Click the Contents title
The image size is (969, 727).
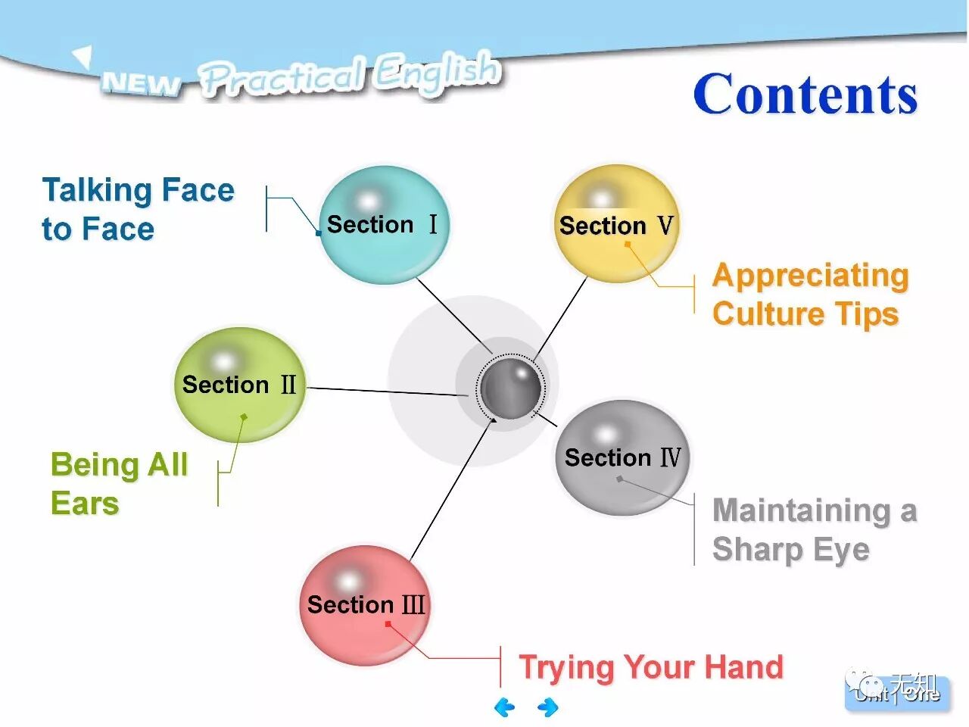coord(805,95)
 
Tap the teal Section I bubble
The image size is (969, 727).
coord(384,225)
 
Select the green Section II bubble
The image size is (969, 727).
coord(239,385)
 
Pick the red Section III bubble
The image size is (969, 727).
coord(365,605)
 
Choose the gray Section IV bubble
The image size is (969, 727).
coord(622,457)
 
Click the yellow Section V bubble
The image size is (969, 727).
coord(616,225)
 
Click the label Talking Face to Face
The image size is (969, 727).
coord(137,209)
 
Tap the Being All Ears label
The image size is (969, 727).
coord(119,483)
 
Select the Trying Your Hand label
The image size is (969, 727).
coord(650,667)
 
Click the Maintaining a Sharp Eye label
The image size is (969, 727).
coord(814,529)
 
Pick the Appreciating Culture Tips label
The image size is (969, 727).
coord(809,295)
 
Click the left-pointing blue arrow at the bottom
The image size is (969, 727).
coord(504,707)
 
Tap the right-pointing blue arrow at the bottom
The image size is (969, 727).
coord(548,707)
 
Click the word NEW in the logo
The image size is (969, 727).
coord(141,83)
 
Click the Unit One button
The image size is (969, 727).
coord(897,693)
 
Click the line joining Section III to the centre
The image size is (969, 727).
coord(450,491)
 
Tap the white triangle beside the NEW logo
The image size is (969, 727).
coord(82,56)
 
